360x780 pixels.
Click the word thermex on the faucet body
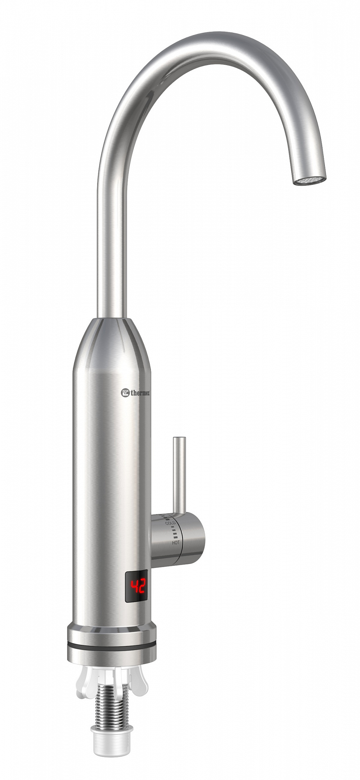(140, 393)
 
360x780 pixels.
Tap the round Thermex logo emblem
(125, 392)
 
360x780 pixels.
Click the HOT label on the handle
(176, 542)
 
